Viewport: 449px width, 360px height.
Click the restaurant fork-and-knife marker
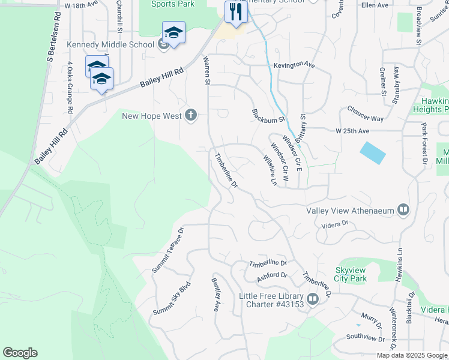point(235,12)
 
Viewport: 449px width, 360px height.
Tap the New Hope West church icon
point(191,115)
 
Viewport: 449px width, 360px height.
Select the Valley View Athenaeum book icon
point(403,210)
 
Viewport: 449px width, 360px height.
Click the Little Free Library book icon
point(313,298)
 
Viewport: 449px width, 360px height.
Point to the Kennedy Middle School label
point(110,44)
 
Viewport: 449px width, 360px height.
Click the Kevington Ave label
point(294,64)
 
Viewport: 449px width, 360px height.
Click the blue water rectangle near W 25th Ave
point(373,152)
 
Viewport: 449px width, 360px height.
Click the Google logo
point(20,353)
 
